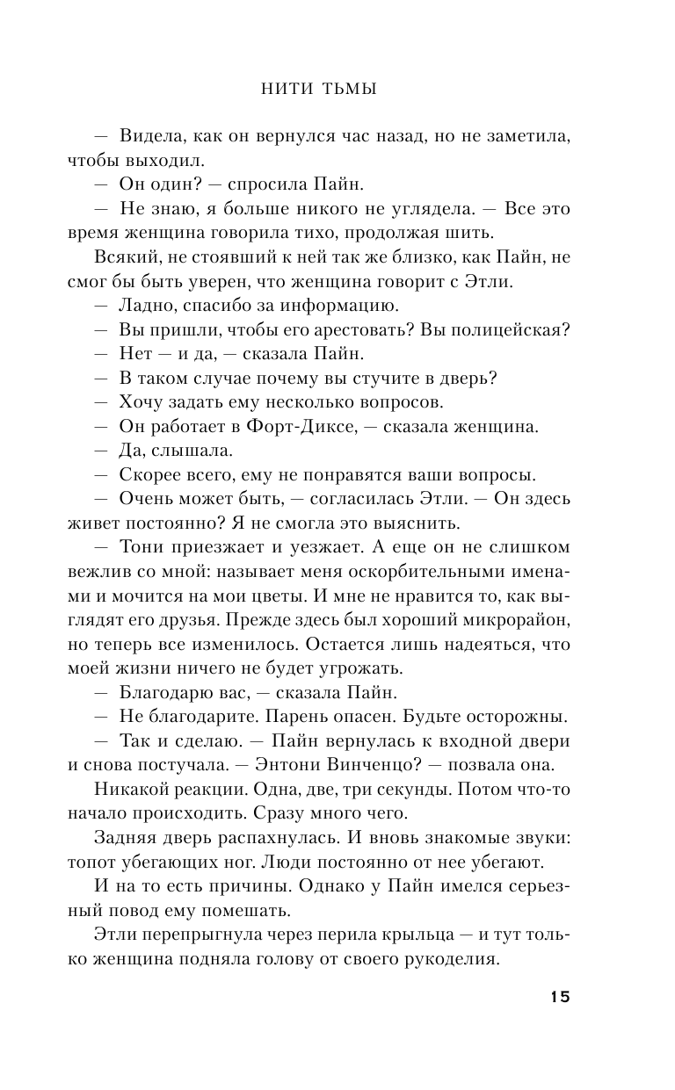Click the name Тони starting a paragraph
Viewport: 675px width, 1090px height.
(138, 548)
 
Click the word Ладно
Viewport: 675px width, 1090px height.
(143, 305)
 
